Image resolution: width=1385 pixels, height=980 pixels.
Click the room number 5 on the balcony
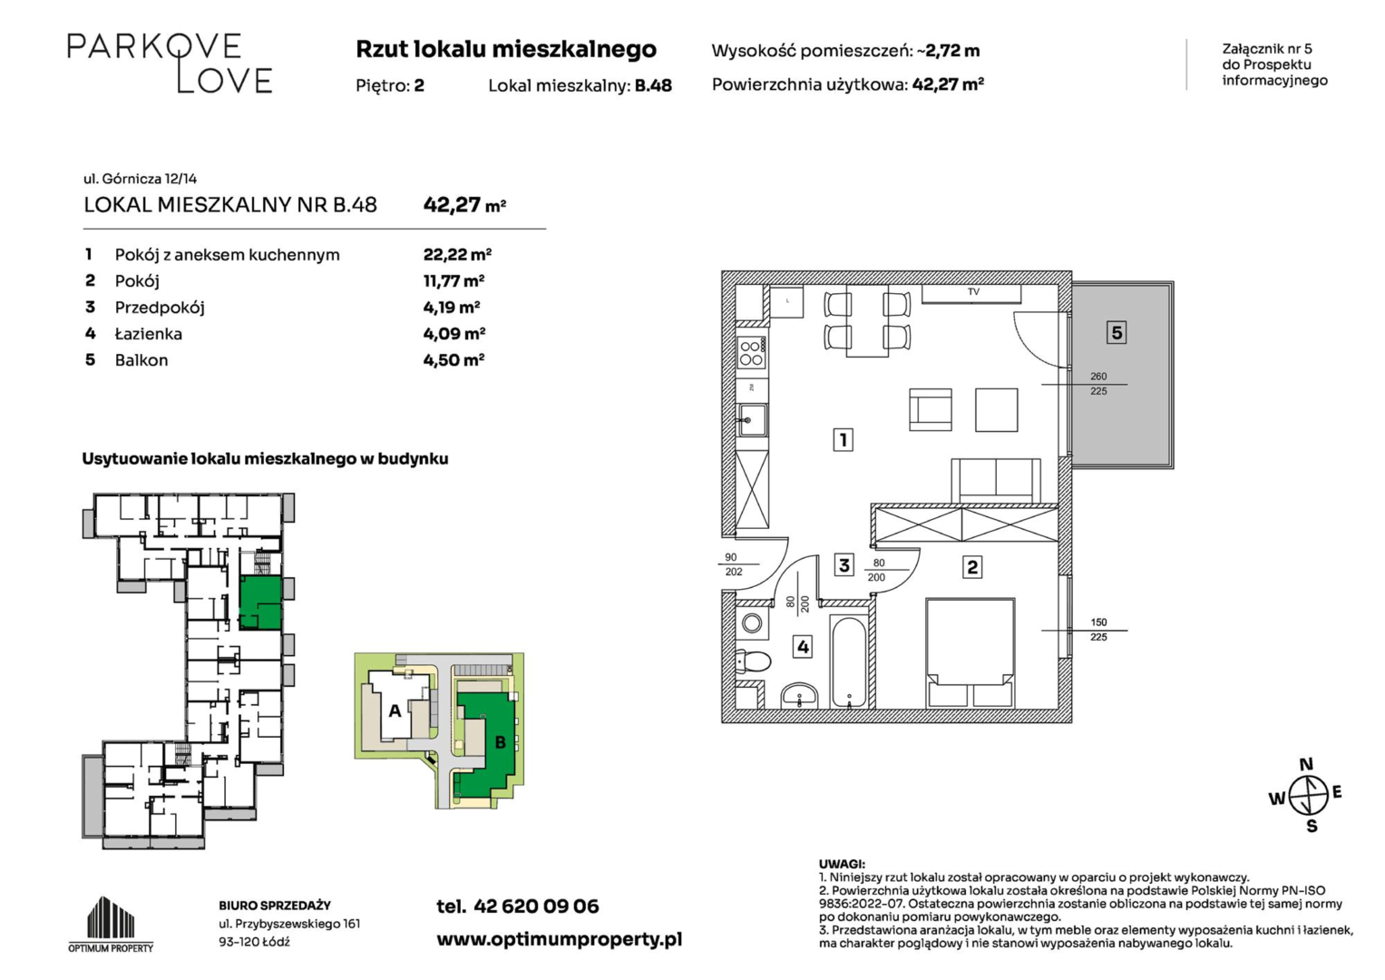1116,332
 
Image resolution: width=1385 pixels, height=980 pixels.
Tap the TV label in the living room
974,292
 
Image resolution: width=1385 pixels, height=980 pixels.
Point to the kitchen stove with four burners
751,353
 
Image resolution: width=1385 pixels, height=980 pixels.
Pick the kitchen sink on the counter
752,420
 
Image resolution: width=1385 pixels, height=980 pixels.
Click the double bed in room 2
970,652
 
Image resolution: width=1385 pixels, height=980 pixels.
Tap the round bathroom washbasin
800,696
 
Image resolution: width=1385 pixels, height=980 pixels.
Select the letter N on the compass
1306,764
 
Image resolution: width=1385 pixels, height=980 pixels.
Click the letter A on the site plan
395,710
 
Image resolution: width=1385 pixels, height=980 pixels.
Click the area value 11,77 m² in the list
454,281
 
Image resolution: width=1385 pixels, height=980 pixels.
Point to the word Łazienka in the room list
149,334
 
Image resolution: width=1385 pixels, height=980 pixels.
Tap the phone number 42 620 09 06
536,906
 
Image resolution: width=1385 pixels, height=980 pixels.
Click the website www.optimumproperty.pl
559,940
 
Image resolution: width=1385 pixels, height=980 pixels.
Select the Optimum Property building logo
111,924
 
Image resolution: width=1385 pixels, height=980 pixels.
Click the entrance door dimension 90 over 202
733,564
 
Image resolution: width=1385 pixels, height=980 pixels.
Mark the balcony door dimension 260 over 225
1098,384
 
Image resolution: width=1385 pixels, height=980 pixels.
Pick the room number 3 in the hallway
844,564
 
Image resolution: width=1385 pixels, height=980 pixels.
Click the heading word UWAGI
842,864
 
